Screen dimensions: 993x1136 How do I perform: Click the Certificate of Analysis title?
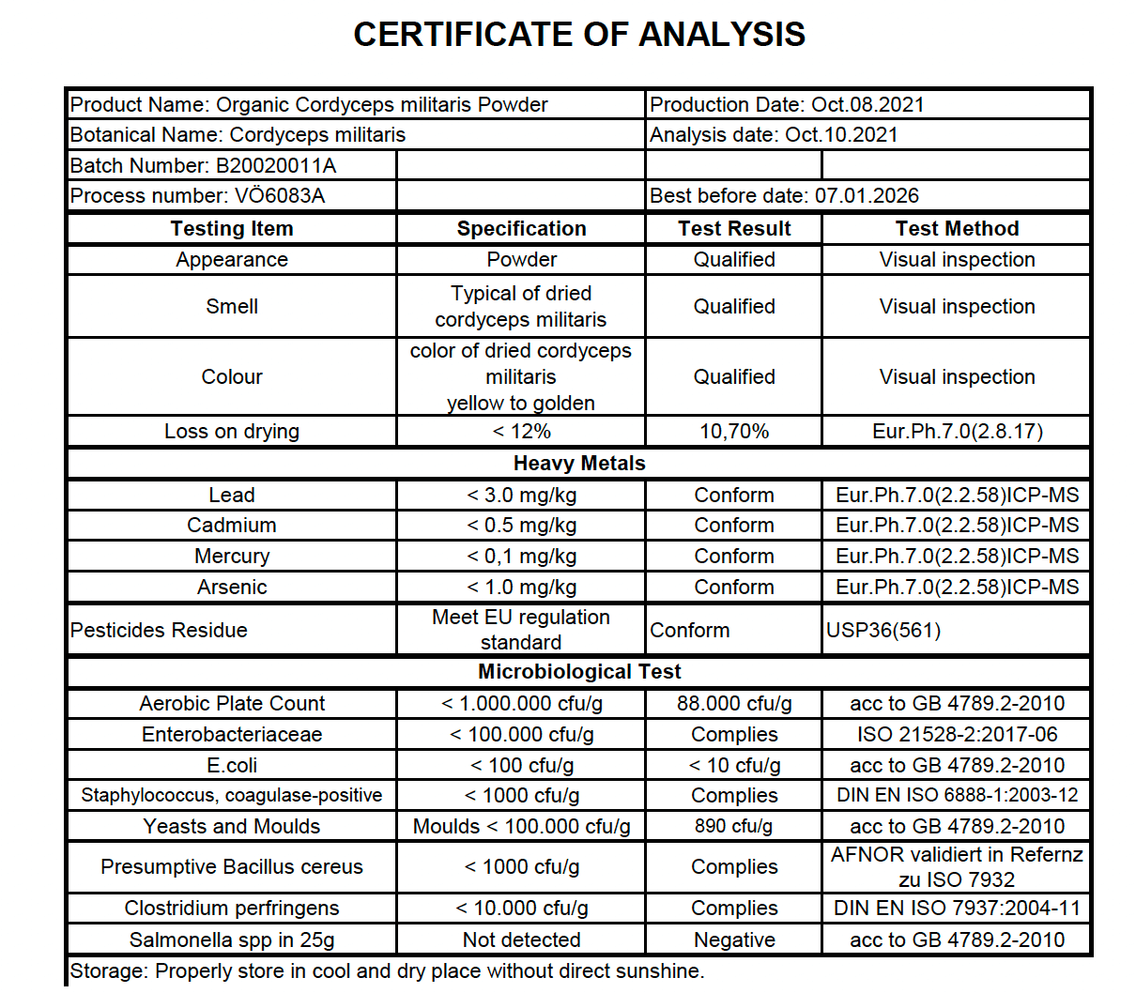click(578, 35)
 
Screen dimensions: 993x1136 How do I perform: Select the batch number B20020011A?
click(276, 166)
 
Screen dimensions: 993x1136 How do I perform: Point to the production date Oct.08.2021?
click(867, 104)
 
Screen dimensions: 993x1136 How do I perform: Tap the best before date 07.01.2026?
click(867, 195)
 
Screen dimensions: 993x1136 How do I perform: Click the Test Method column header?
click(957, 228)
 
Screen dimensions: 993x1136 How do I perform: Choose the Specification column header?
click(521, 228)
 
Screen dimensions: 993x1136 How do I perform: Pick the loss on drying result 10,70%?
click(733, 431)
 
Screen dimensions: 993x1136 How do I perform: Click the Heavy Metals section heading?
click(578, 463)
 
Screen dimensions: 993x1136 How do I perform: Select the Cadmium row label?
click(232, 525)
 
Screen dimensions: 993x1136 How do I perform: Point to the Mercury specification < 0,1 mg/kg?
click(521, 556)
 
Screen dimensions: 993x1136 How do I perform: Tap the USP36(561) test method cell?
click(883, 630)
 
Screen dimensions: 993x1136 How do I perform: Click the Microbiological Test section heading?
click(578, 671)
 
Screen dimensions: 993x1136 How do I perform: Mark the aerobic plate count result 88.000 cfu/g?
click(733, 703)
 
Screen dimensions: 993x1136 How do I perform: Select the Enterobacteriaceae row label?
click(232, 734)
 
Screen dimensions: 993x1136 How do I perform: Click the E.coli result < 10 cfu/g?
click(733, 765)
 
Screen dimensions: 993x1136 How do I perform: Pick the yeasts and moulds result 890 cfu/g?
click(733, 826)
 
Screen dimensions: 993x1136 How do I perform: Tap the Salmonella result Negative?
click(733, 940)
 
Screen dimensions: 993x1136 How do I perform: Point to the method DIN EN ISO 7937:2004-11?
click(957, 908)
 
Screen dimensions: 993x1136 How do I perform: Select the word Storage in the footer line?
click(107, 970)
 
